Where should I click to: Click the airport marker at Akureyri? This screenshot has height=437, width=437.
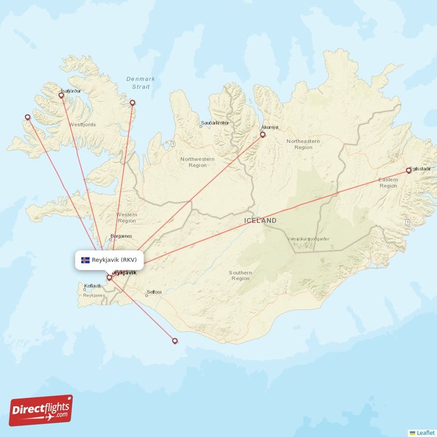point(263,134)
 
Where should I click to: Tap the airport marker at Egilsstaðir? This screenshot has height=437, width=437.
point(409,171)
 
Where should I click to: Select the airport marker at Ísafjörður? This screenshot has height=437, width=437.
point(61,96)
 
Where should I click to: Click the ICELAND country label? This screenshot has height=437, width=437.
point(261,221)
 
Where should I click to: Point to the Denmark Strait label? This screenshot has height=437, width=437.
point(140,82)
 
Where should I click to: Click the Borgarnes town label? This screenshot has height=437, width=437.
point(121,237)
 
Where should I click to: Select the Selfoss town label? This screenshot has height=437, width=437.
point(154,292)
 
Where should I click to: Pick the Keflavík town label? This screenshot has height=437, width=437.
point(93,286)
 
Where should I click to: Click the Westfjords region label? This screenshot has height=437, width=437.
point(82,125)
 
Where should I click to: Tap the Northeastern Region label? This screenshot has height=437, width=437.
point(303,144)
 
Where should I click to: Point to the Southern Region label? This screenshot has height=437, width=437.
point(240,275)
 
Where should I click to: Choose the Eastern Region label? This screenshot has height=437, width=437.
point(388,182)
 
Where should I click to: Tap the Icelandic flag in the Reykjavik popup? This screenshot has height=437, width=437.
point(85,260)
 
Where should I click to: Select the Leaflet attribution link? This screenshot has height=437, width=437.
point(425,432)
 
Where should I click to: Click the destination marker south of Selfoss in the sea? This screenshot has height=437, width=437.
point(175,341)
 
